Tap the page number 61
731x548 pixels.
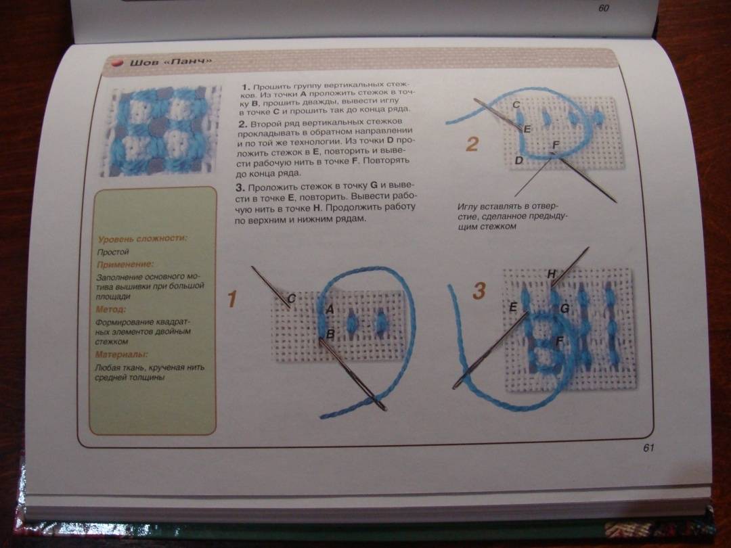[648, 448]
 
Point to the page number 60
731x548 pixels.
[603, 8]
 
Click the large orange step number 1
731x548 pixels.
[231, 299]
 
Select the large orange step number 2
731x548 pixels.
[472, 144]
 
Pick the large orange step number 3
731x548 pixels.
[479, 291]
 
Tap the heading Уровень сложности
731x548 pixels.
[142, 239]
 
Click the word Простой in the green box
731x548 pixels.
[113, 252]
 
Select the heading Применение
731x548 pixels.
[125, 265]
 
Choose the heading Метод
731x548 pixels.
[110, 309]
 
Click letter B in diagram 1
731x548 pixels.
[330, 334]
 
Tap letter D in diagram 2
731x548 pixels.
[519, 160]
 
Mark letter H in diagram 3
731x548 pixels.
[552, 273]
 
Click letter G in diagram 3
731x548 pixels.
[564, 308]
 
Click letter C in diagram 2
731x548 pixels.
[516, 105]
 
